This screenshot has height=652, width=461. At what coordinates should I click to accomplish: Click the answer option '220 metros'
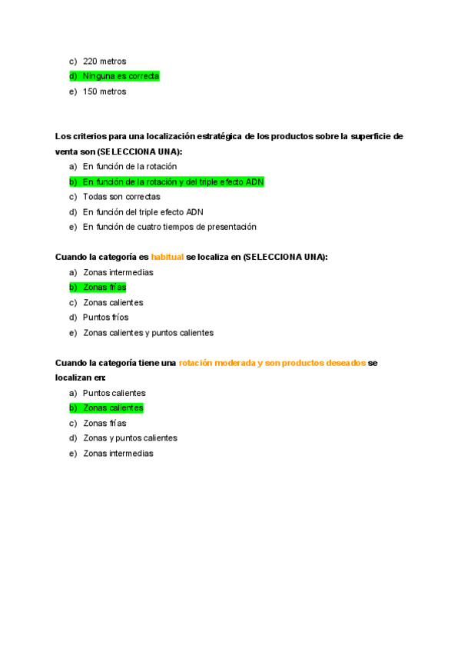click(104, 61)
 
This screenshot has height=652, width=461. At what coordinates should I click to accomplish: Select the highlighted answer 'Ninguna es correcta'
click(121, 76)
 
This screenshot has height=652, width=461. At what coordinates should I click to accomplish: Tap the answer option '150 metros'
click(104, 91)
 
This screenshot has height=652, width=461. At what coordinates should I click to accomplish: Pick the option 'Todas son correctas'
click(121, 197)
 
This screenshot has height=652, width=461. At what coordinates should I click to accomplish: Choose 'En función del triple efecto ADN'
click(143, 211)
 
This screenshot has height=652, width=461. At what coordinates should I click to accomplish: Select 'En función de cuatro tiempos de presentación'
click(169, 227)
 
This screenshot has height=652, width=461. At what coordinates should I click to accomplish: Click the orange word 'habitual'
click(167, 257)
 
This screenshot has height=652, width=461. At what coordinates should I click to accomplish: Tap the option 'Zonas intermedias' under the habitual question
click(118, 272)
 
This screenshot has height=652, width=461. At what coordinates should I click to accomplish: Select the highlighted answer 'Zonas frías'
click(104, 287)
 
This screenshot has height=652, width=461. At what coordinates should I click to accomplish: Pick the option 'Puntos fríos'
click(105, 317)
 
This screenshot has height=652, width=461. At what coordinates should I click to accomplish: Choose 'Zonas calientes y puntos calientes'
click(148, 333)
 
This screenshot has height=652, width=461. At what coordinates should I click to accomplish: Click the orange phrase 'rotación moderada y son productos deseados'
click(272, 363)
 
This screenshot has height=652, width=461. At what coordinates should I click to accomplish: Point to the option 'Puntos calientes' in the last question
click(114, 393)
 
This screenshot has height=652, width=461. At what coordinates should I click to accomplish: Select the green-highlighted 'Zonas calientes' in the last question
click(113, 407)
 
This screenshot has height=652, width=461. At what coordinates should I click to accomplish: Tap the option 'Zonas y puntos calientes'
click(130, 437)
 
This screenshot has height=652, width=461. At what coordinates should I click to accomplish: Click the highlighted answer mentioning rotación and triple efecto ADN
click(173, 181)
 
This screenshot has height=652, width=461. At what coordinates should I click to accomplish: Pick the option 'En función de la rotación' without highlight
click(129, 166)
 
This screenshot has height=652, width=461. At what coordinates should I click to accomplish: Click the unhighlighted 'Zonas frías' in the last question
click(104, 423)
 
